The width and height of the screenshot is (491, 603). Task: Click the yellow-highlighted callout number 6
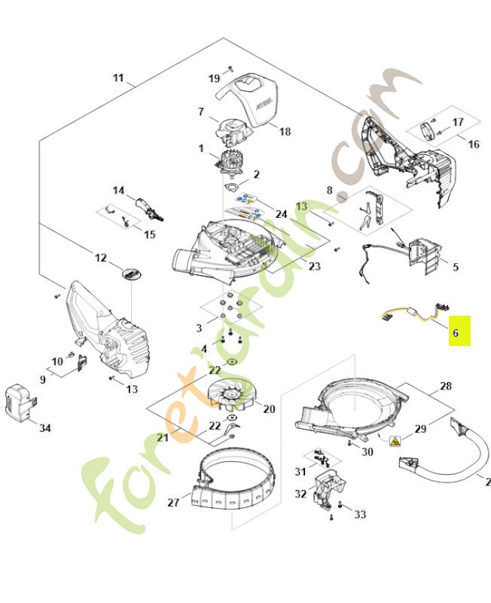point(459,331)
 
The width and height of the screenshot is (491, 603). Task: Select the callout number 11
point(118,78)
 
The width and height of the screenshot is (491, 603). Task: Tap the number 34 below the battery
point(45,428)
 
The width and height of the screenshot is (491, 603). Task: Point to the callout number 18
point(285,131)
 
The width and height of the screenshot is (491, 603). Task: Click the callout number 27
point(172,502)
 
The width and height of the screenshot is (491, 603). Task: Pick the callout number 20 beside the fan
point(269,409)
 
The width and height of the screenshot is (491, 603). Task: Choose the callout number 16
point(473,144)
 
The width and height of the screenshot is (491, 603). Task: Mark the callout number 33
point(360,514)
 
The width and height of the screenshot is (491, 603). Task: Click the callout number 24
point(281,214)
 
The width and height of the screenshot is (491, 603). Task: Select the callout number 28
point(446,387)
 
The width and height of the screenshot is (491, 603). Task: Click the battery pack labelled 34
point(19,400)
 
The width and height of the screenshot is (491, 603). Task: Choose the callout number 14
point(118,191)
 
